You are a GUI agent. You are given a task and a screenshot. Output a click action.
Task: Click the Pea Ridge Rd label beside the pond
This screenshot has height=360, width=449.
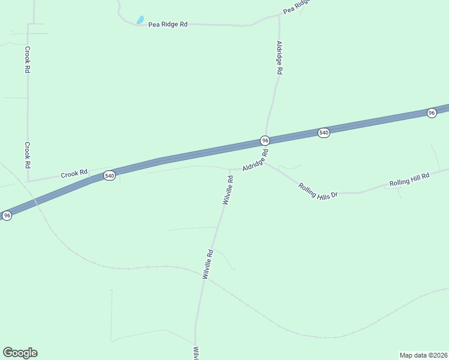coord(168,24)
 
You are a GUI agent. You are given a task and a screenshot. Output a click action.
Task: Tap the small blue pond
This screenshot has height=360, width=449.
coord(140,20)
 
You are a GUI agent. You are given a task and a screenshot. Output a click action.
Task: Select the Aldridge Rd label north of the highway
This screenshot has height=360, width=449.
coord(279,57)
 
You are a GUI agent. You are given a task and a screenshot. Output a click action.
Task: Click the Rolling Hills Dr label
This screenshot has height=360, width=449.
coord(318,190)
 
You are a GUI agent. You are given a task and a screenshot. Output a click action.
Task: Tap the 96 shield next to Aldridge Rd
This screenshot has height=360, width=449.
coord(265,140)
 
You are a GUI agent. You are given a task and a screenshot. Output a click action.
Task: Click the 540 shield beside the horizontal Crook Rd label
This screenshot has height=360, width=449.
coord(109,176)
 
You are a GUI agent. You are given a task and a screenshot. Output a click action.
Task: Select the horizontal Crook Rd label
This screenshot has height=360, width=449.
coord(74,174)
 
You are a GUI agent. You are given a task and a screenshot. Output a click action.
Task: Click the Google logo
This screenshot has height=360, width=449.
coord(20,353)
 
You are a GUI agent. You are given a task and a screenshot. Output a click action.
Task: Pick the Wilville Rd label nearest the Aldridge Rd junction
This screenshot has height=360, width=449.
coord(228,191)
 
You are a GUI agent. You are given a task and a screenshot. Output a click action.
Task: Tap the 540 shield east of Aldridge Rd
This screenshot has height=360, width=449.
coord(324,133)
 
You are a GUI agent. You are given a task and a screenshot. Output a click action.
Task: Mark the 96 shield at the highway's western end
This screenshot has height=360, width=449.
coord(7,215)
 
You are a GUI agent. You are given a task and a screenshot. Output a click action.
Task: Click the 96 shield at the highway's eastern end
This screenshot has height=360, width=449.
coord(431,113)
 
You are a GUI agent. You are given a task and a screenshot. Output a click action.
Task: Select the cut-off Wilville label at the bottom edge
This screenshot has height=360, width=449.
coord(195,353)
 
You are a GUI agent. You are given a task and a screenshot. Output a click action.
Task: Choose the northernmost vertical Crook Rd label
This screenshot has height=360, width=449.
coord(27,60)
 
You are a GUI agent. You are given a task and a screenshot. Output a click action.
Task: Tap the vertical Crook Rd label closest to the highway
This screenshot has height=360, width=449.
coord(27,155)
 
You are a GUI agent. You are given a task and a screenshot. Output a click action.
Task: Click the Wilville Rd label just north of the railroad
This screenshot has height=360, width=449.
coord(208,264)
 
